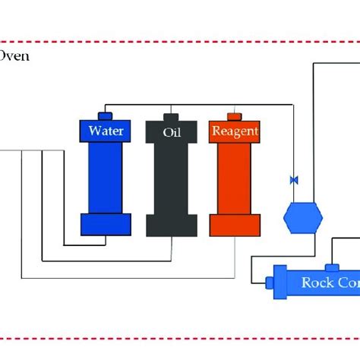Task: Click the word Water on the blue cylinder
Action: coord(106,131)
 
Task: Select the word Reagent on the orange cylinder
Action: coord(235,131)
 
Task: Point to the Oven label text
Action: coord(15,56)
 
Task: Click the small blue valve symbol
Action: coord(292,180)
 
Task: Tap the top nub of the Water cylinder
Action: coord(106,115)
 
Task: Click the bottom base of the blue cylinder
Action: coord(106,224)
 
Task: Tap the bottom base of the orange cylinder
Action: coord(235,225)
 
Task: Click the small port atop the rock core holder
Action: coord(332,267)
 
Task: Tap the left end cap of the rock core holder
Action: coord(270,283)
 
